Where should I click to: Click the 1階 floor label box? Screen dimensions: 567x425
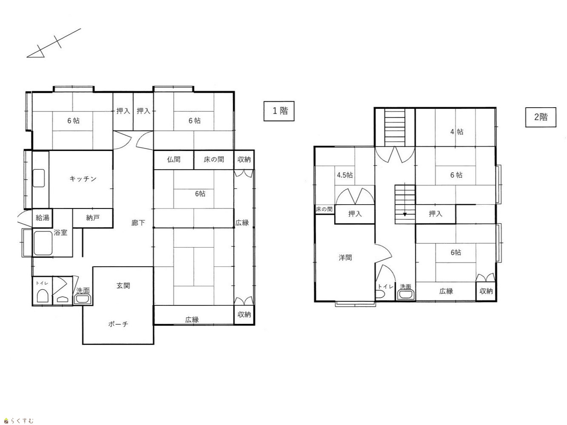[x=279, y=111]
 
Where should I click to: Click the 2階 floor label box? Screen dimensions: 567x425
[x=541, y=117]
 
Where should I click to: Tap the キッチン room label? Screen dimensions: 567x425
[x=83, y=179]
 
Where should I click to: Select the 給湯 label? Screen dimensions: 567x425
[x=43, y=218]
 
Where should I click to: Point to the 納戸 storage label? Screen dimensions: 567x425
[x=93, y=218]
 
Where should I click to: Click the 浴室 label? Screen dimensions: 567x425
[x=60, y=233]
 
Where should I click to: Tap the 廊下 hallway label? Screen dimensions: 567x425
[x=138, y=222]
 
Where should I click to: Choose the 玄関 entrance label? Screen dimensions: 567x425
[x=123, y=285]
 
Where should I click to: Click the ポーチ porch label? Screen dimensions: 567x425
[x=118, y=324]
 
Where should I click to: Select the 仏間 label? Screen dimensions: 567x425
[x=174, y=160]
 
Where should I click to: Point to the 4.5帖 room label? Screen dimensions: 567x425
[x=345, y=175]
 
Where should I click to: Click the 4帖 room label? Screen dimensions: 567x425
[x=457, y=132]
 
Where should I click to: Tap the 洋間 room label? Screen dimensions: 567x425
[x=345, y=257]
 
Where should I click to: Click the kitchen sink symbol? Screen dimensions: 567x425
[x=39, y=178]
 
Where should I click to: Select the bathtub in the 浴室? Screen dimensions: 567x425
[x=43, y=243]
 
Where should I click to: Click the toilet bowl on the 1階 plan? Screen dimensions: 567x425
[x=43, y=296]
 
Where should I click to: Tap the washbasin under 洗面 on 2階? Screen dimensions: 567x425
[x=406, y=294]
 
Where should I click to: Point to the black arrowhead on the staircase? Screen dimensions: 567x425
[x=405, y=214]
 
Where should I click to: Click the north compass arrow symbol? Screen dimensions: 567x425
[x=54, y=43]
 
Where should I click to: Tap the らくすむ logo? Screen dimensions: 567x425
[x=19, y=421]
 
